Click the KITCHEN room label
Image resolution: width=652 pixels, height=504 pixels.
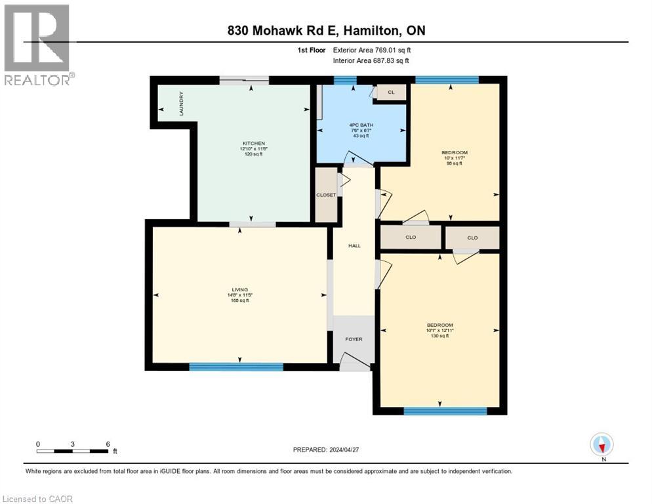[254, 143]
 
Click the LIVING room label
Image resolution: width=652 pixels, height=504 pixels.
[240, 289]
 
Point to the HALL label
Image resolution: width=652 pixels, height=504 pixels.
[354, 246]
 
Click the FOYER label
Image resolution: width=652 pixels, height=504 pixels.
[354, 339]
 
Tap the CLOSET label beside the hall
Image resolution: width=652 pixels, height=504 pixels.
[326, 195]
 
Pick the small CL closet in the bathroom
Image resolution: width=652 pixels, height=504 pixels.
[391, 93]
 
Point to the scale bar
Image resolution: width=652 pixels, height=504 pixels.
[73, 451]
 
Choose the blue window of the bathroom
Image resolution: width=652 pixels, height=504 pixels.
[340, 81]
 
